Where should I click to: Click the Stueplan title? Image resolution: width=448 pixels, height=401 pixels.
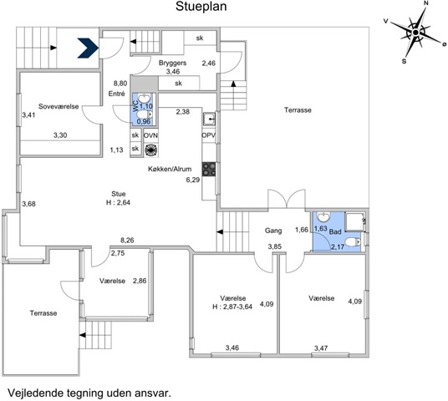(201, 7)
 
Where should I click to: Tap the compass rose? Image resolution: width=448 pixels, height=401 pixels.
(416, 33)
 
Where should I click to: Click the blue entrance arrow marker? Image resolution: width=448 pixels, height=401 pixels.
(88, 48)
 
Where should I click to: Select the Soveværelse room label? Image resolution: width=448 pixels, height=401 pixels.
(59, 107)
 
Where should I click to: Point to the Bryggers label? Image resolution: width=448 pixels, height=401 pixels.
(172, 63)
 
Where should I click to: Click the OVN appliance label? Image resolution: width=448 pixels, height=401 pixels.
(150, 135)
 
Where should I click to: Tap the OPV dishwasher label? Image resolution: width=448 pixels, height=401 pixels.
(209, 135)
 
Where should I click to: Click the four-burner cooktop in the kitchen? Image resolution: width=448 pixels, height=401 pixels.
(209, 169)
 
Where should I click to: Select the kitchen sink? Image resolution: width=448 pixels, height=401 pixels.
(210, 119)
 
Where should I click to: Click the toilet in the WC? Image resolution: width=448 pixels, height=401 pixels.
(145, 114)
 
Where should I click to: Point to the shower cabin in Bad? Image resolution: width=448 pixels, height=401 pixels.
(355, 221)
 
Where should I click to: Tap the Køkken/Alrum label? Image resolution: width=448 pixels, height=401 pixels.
(170, 169)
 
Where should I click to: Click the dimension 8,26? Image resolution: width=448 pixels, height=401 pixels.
(127, 241)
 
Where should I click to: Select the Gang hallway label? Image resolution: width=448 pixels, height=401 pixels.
(273, 231)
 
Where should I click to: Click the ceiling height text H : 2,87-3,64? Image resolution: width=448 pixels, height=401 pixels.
(232, 307)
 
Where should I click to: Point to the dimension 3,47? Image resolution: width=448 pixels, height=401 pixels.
(321, 348)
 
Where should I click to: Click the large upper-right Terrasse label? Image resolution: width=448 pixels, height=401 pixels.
(298, 110)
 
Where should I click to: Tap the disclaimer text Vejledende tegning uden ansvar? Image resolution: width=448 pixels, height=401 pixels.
(89, 393)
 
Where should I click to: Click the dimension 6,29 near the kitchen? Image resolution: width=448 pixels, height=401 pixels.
(193, 180)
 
